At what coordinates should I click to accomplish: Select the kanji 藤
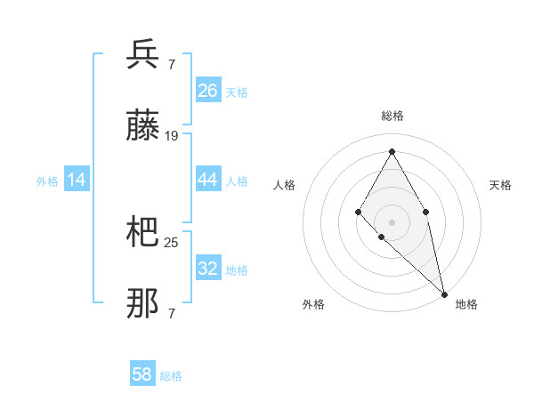click(142, 127)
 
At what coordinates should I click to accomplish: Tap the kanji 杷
click(142, 233)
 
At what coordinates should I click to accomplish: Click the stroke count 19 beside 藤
click(172, 136)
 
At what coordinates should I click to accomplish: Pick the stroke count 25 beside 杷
click(172, 242)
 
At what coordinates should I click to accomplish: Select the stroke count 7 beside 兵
click(171, 64)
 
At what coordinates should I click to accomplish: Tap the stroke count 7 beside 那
click(171, 314)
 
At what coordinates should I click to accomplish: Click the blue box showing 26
click(208, 90)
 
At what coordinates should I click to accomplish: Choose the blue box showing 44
click(208, 180)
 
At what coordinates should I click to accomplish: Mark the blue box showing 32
click(208, 268)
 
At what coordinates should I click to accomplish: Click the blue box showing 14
click(77, 180)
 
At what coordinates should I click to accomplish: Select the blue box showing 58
click(142, 374)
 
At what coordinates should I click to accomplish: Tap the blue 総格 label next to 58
click(171, 376)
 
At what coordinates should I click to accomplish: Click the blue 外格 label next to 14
click(47, 181)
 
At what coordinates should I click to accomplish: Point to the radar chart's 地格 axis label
click(466, 304)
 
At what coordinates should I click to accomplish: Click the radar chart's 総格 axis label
click(392, 116)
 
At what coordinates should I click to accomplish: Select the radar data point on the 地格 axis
click(444, 293)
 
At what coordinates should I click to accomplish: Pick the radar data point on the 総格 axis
click(392, 151)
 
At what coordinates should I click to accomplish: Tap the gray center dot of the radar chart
click(392, 221)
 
